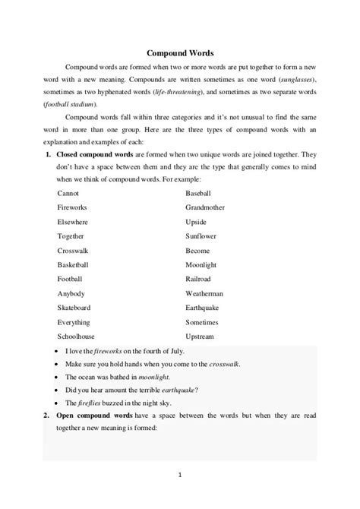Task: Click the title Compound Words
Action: pyautogui.click(x=179, y=54)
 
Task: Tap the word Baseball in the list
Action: pyautogui.click(x=200, y=193)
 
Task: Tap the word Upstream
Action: pyautogui.click(x=201, y=336)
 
